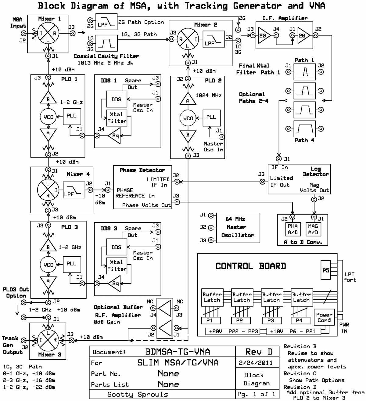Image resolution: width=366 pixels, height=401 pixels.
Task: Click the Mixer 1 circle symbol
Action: click(x=48, y=33)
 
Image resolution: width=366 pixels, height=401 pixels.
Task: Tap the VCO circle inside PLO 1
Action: click(x=48, y=117)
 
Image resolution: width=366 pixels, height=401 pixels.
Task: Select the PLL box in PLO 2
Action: click(x=211, y=117)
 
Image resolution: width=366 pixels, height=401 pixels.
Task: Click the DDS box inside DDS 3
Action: click(x=116, y=247)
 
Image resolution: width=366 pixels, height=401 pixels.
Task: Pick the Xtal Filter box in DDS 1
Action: click(x=117, y=118)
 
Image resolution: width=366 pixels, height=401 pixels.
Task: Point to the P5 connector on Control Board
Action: click(x=326, y=270)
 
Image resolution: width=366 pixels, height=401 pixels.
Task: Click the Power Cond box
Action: click(x=324, y=318)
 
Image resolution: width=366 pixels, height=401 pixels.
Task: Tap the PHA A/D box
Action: click(x=292, y=229)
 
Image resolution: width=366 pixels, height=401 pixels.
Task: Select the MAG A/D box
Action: click(x=313, y=229)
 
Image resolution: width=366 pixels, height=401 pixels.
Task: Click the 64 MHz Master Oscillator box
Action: click(x=238, y=228)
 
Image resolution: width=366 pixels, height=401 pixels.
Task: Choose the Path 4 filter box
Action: click(x=304, y=129)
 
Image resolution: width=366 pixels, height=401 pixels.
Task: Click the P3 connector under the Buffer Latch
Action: click(x=271, y=320)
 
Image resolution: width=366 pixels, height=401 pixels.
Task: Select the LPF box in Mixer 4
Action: click(x=74, y=190)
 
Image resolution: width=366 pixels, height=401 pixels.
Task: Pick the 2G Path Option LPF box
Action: click(x=106, y=22)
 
